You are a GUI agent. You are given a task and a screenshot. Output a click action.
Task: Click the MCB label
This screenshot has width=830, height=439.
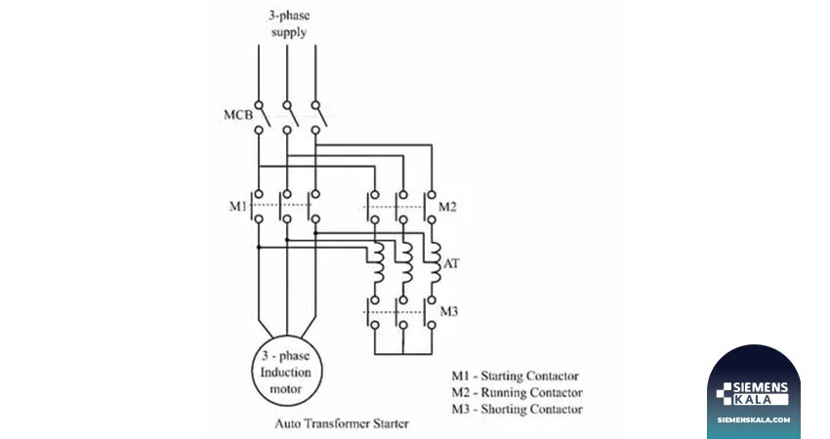tap(238, 115)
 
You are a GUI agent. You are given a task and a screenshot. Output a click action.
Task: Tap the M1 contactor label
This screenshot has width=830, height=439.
tap(237, 206)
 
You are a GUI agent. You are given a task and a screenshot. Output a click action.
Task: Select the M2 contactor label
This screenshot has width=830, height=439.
tap(447, 207)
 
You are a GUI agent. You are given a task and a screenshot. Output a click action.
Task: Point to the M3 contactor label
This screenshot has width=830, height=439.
tap(449, 311)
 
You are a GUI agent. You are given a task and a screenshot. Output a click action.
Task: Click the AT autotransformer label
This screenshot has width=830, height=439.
tap(451, 262)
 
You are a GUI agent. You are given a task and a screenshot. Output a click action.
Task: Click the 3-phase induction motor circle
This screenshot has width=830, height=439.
tap(286, 337)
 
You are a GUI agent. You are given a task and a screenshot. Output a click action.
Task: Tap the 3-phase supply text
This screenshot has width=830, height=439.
tap(288, 23)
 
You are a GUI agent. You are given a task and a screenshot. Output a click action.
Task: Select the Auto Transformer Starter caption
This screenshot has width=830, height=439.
tap(342, 423)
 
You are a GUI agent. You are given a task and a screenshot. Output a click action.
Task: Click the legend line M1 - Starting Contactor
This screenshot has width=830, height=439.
tap(515, 376)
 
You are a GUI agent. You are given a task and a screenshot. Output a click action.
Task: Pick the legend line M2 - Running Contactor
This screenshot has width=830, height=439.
tap(517, 392)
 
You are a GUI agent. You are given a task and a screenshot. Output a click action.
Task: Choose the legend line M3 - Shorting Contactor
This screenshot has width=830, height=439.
tap(517, 409)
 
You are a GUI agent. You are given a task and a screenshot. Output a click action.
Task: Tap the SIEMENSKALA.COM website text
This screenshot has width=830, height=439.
tap(754, 419)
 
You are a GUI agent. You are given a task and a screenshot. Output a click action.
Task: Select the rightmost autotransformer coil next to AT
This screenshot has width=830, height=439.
tap(435, 262)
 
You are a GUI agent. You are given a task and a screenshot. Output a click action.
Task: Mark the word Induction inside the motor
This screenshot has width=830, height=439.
tap(286, 373)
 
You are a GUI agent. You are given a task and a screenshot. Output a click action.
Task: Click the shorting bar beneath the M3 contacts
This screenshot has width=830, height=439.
tap(403, 354)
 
